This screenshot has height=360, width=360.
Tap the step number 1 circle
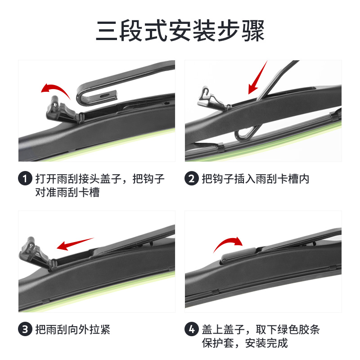(25, 179)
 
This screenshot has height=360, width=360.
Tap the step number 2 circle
(192, 179)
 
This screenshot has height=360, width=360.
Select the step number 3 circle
(25, 329)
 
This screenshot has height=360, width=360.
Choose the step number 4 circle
(192, 329)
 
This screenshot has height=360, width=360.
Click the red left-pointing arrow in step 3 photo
(74, 244)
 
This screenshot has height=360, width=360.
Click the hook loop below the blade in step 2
(245, 133)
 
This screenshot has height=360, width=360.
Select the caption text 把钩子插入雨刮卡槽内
(256, 179)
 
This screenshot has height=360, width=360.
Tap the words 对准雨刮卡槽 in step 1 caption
(67, 193)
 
